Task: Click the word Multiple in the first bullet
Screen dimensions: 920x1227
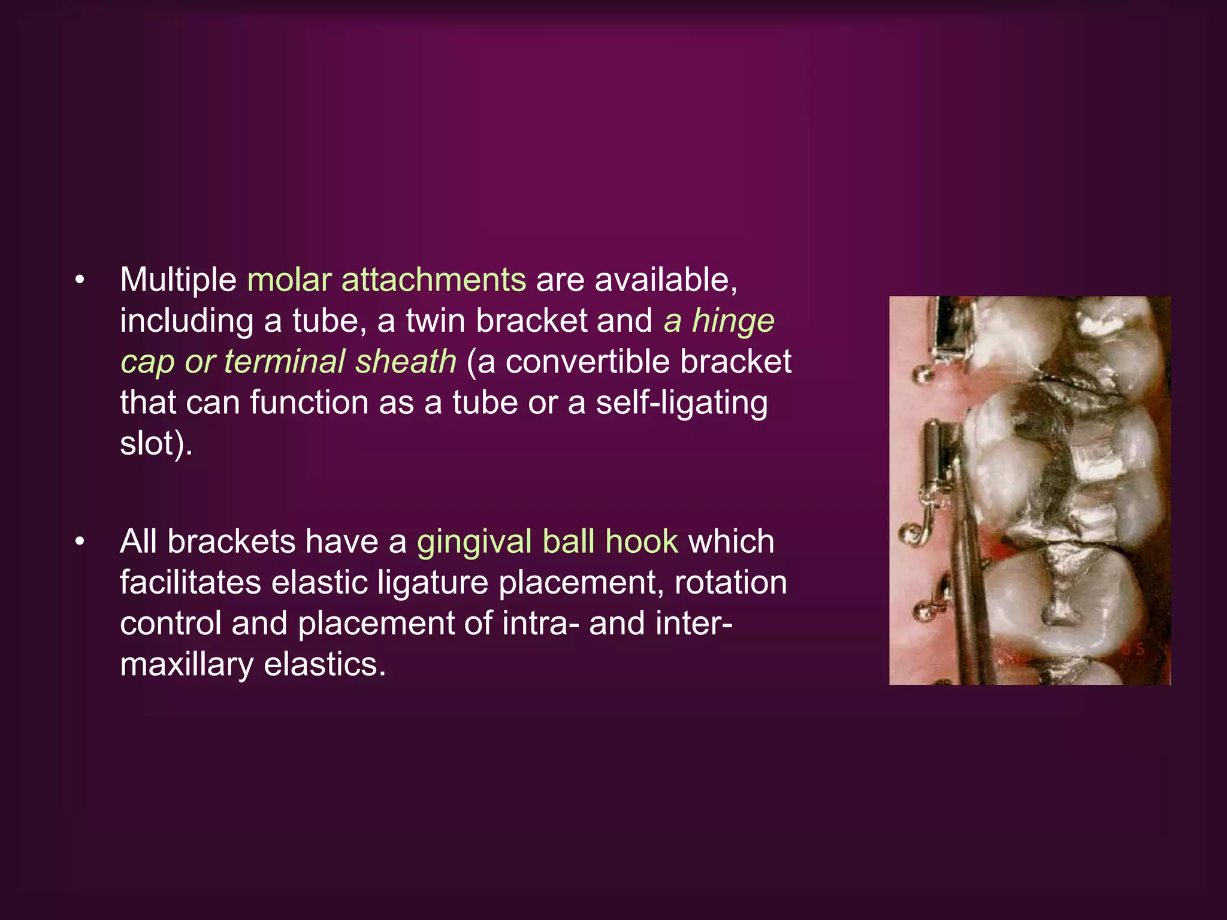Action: coord(178,280)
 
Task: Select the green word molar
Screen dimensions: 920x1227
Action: coord(289,280)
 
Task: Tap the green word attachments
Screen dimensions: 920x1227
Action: coord(434,280)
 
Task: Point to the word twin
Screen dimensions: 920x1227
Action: coord(435,321)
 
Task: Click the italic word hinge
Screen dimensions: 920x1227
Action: coord(733,321)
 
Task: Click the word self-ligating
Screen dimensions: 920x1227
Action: coord(681,402)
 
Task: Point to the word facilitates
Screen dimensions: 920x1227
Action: coord(191,582)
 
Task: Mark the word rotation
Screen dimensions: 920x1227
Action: coord(730,582)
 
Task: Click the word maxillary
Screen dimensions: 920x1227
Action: coord(187,664)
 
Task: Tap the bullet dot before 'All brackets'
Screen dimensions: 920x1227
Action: coord(80,541)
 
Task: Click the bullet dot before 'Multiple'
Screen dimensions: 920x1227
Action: coord(80,280)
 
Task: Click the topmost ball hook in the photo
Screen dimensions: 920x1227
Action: coord(920,376)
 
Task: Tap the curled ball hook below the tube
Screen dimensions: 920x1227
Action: coord(914,531)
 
